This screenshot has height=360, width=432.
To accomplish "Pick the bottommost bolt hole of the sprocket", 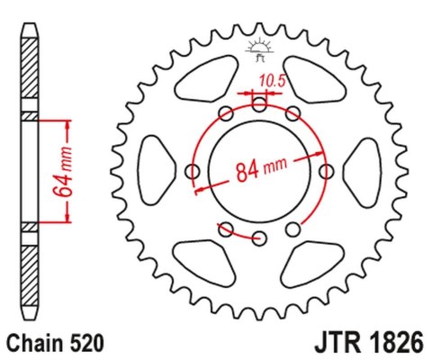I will (x=259, y=238).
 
